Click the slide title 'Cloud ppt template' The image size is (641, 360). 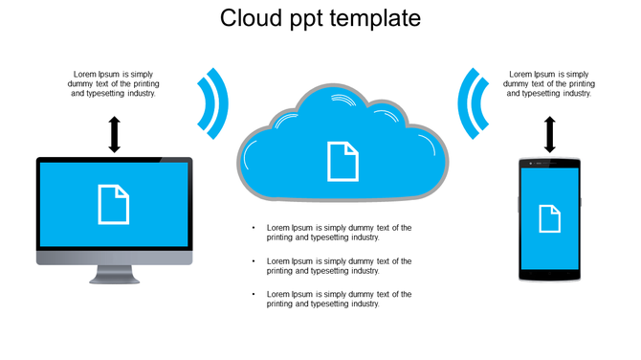click(320, 18)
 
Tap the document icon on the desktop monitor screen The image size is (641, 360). click(114, 204)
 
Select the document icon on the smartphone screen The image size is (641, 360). click(550, 218)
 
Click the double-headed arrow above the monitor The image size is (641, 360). click(115, 135)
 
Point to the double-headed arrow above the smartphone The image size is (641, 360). click(550, 135)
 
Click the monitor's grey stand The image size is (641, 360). click(115, 275)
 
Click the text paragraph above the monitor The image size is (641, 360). click(114, 83)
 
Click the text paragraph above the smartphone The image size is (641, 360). click(549, 83)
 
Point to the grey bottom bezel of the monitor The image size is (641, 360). click(115, 258)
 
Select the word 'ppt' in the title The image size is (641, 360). click(306, 20)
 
